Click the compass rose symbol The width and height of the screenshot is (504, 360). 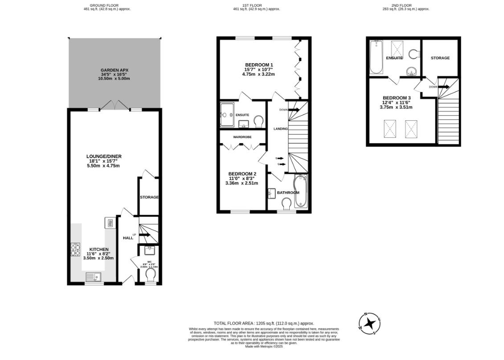369,323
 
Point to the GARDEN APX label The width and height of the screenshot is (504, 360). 114,70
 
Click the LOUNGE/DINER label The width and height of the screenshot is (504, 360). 104,156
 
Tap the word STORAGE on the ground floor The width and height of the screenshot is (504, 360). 149,197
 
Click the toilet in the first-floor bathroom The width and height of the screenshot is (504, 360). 287,203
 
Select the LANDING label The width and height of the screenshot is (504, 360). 281,129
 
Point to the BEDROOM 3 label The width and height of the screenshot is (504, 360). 397,98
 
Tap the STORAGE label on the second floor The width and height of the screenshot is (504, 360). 440,58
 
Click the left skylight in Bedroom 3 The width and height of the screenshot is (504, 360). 390,129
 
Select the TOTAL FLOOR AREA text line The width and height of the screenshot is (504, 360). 264,323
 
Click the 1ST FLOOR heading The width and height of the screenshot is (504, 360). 252,5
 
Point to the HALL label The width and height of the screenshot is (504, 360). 128,238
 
